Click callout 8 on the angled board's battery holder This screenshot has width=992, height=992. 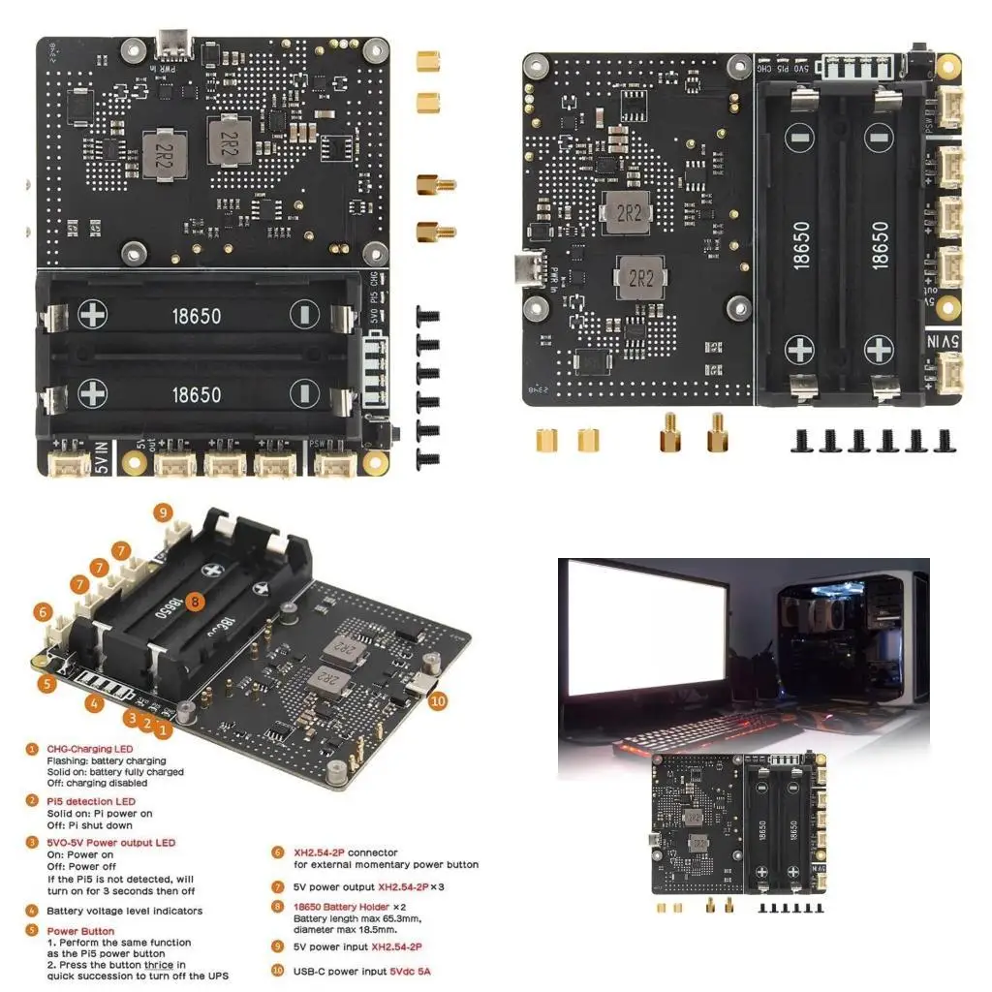click(196, 602)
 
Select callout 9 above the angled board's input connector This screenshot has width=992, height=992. click(163, 512)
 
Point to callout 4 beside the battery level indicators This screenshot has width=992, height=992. click(94, 704)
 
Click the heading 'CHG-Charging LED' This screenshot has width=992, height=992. click(90, 749)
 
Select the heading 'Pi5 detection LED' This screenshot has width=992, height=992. click(91, 801)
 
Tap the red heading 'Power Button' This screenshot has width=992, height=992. click(80, 931)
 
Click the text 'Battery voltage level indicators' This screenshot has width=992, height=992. click(125, 911)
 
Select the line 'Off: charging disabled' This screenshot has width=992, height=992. click(97, 783)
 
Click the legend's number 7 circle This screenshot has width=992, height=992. click(277, 886)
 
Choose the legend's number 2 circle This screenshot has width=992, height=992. click(32, 801)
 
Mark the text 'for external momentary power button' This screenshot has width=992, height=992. click(386, 864)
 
